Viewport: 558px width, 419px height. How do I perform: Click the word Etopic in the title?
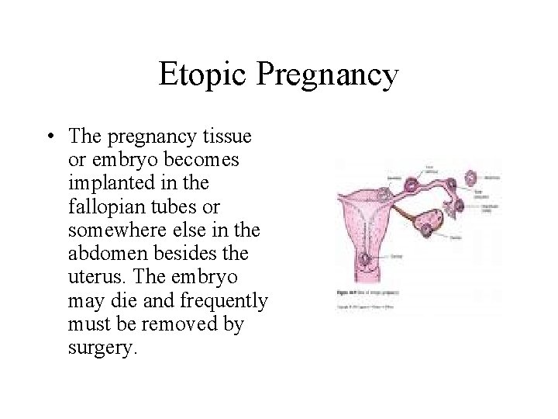(x=203, y=75)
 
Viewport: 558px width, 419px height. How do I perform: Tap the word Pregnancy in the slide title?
(x=327, y=75)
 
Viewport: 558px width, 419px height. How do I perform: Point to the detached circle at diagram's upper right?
(x=470, y=178)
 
